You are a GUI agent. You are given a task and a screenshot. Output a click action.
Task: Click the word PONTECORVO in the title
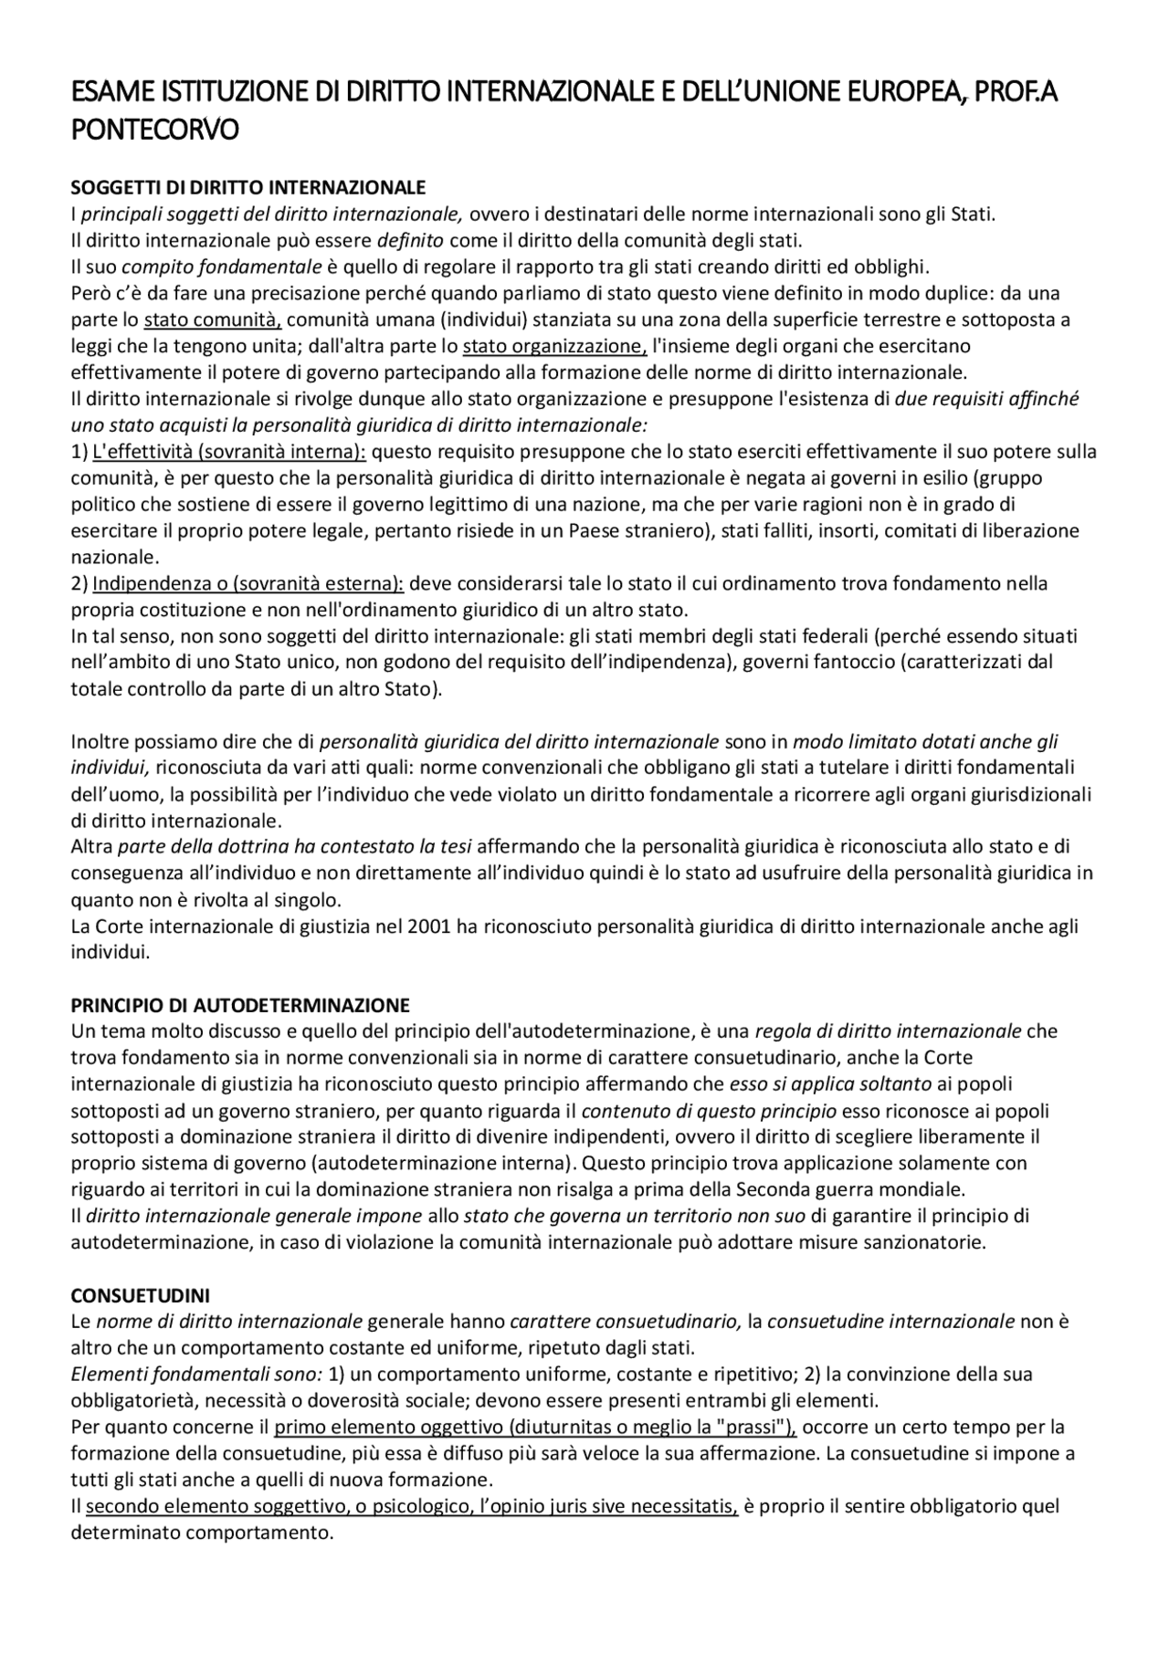pos(154,130)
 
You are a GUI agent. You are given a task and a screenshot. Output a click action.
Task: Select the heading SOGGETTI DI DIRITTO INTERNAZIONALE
pos(248,188)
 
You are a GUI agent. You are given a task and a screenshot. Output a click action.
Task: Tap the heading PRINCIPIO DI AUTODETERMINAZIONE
pos(240,1005)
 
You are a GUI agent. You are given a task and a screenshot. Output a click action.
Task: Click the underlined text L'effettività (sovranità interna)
pos(229,452)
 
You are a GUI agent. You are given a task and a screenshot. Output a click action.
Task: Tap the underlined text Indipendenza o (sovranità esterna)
pos(248,583)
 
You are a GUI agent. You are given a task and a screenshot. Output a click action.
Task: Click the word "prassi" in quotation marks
pos(753,1427)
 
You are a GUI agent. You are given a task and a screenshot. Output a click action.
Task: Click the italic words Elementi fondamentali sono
pos(195,1374)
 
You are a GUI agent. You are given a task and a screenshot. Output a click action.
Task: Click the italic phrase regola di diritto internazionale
pos(888,1031)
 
